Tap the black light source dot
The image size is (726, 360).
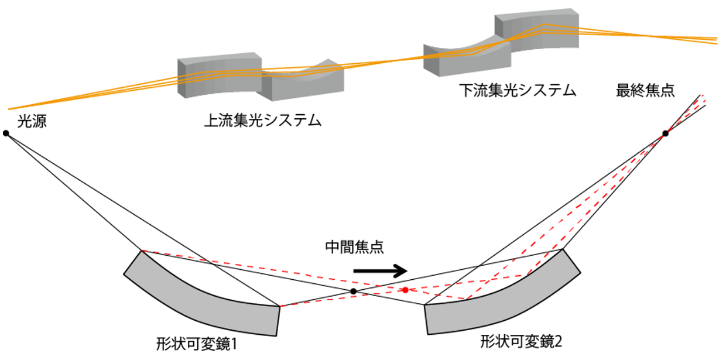coord(6,133)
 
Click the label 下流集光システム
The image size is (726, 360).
coord(517,91)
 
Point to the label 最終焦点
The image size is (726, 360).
coord(645,91)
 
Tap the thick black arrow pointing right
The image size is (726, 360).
coord(380,270)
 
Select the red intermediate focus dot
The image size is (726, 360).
coord(405,290)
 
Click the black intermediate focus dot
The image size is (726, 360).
coord(353,290)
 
